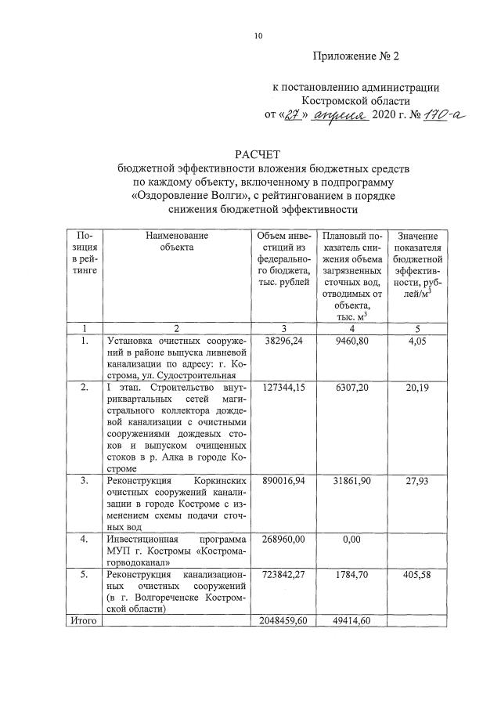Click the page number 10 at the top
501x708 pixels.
pyautogui.click(x=258, y=36)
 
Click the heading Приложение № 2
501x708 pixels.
pyautogui.click(x=356, y=56)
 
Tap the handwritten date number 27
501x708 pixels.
pyautogui.click(x=293, y=116)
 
